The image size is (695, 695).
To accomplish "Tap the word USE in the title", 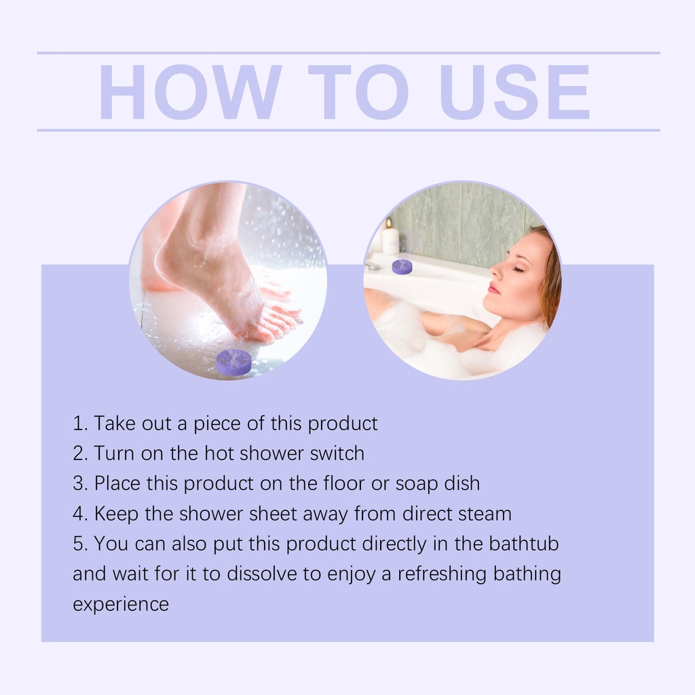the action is pos(514,92).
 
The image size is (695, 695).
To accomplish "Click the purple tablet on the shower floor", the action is pos(233,361).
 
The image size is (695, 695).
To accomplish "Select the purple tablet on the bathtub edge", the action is pos(402,266).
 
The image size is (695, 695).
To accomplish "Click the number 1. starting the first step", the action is pos(80,424).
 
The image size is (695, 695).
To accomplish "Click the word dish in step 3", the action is pos(462,483).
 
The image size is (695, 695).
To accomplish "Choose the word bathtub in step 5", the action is pos(524,544).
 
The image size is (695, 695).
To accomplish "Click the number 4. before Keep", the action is pos(80,514).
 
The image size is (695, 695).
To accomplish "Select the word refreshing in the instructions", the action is pos(442,574).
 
